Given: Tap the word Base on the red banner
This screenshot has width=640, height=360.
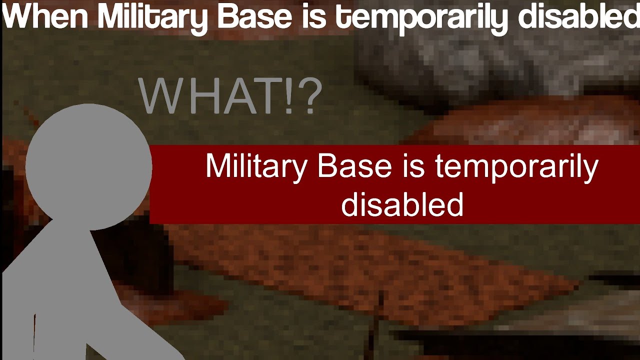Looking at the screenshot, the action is pos(354,165).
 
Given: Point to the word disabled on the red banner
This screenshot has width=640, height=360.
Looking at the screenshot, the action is pos(402,203).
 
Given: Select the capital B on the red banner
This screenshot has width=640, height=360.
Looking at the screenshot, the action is pos(327,165).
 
